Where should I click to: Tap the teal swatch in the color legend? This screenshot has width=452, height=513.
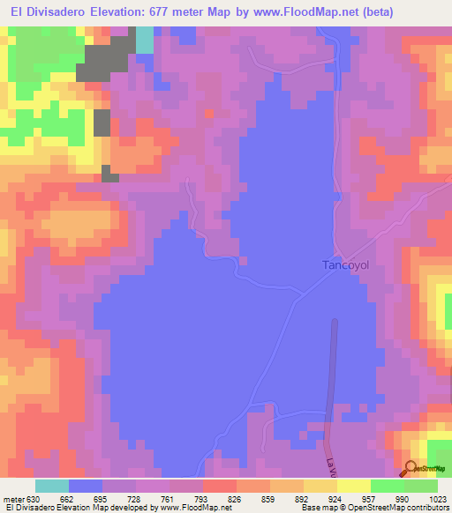(52, 486)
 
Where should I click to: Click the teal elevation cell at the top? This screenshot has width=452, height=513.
(144, 40)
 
